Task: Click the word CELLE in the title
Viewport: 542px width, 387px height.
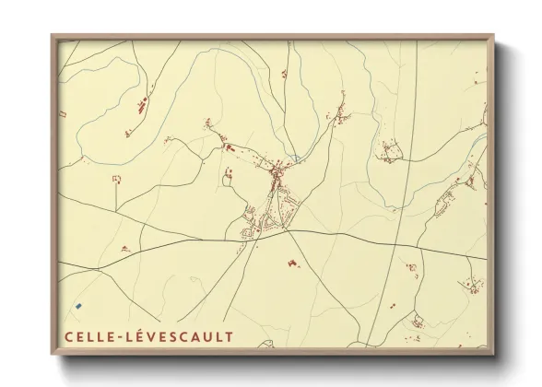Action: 88,335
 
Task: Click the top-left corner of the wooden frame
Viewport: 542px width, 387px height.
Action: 53,35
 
